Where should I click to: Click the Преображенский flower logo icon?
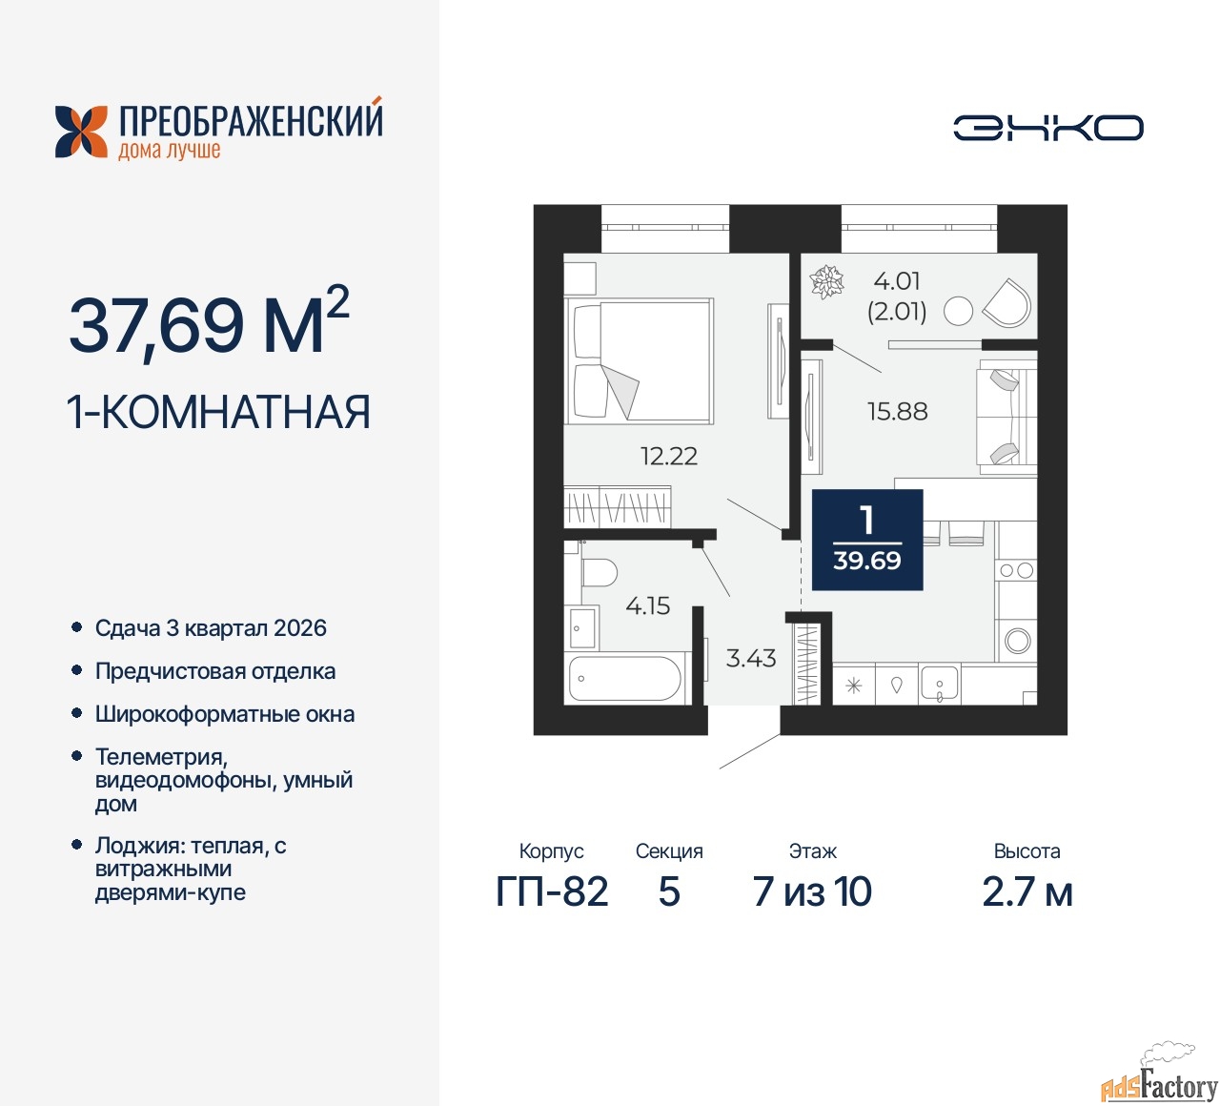[x=81, y=132]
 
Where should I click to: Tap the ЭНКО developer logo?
[x=1047, y=128]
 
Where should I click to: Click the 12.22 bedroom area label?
[x=669, y=456]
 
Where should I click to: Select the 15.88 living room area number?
[x=897, y=411]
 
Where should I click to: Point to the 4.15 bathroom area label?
[x=648, y=605]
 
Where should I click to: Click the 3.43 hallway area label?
[x=751, y=658]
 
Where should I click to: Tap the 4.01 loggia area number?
[x=897, y=281]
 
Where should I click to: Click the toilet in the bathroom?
[x=600, y=572]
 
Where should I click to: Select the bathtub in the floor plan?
[x=624, y=678]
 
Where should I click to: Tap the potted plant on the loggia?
[x=826, y=281]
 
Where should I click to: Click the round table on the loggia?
[x=958, y=311]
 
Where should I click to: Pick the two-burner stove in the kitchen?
[x=1016, y=571]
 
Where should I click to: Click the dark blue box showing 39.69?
[x=867, y=540]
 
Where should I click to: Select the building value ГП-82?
[x=552, y=891]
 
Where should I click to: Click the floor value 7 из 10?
[x=812, y=891]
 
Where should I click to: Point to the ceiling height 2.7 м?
[x=1027, y=891]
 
